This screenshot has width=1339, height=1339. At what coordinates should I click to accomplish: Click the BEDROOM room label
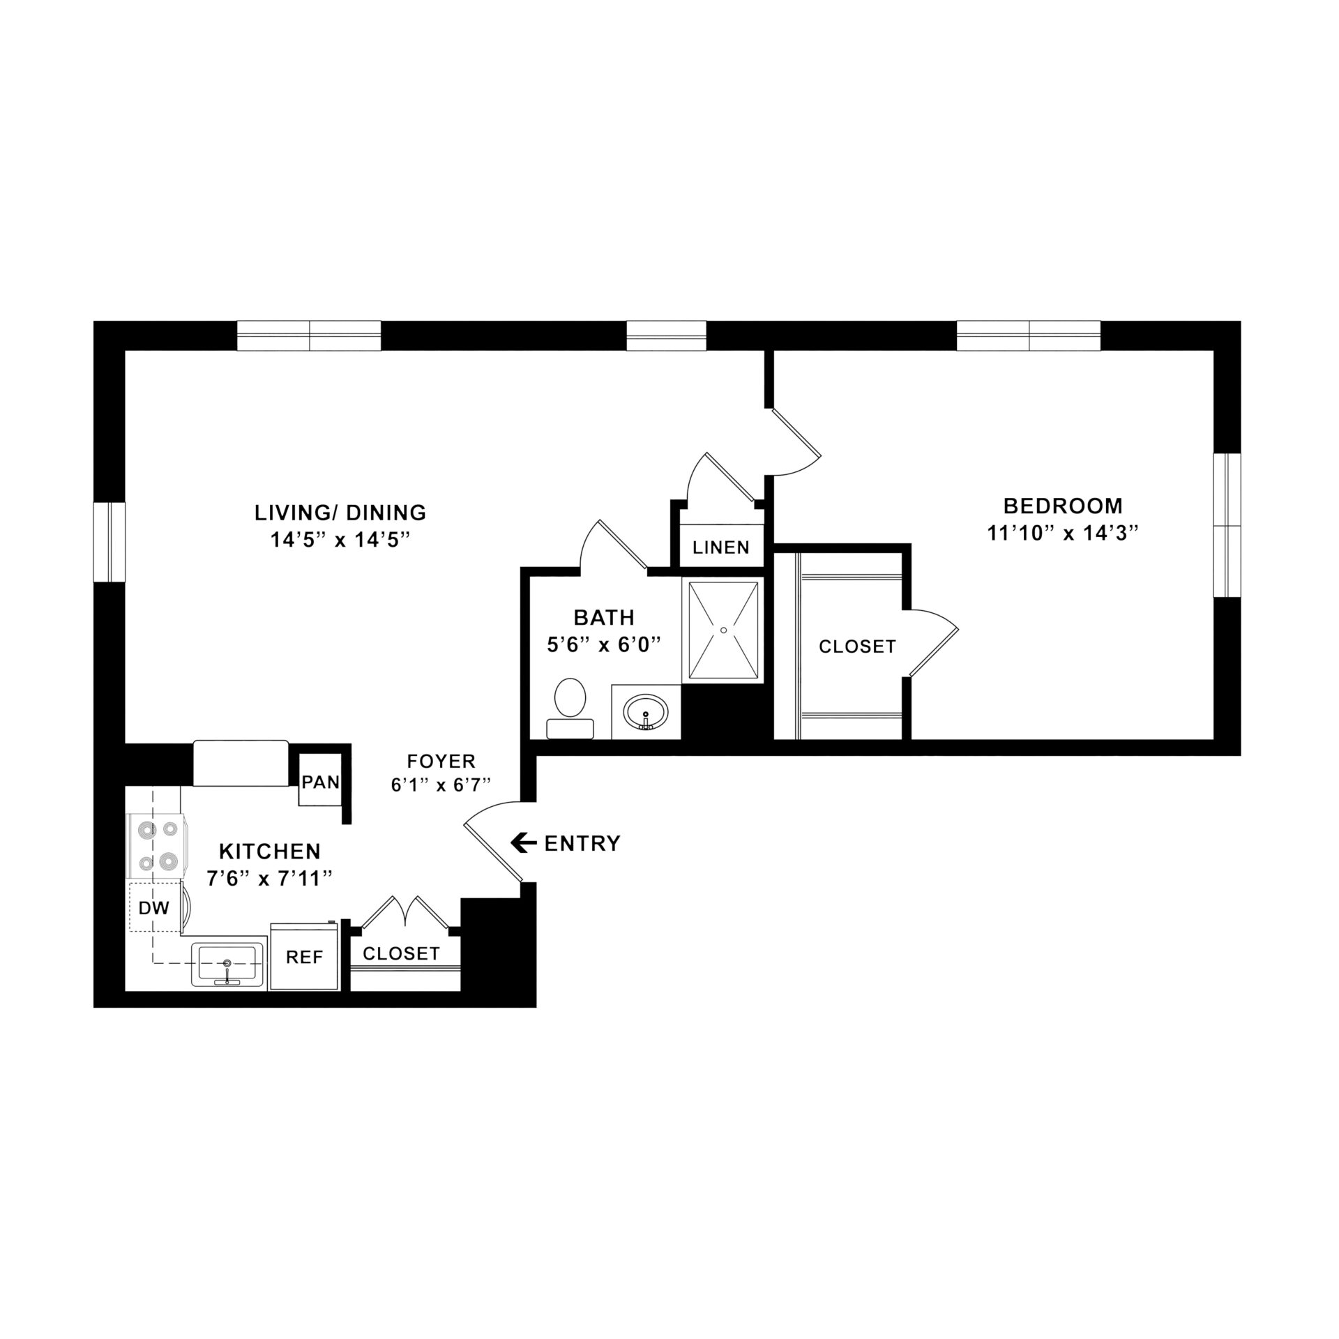click(1063, 505)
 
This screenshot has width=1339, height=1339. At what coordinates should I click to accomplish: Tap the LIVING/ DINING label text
click(340, 513)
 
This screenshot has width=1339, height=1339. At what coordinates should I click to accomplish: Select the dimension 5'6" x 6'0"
click(603, 645)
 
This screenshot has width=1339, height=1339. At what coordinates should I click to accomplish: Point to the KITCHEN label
click(270, 852)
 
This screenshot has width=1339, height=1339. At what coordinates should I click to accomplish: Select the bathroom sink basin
click(646, 713)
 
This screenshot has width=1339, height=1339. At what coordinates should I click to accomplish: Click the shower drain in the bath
click(724, 630)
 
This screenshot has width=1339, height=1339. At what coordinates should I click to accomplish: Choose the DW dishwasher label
click(154, 907)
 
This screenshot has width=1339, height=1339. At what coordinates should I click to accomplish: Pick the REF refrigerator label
click(305, 958)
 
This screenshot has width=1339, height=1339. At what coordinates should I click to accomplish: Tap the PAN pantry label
click(321, 782)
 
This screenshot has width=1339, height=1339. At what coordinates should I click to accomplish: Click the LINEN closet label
click(721, 547)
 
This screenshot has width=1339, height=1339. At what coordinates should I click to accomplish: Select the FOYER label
click(441, 761)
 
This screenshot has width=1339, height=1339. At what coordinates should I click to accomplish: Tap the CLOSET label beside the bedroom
click(857, 646)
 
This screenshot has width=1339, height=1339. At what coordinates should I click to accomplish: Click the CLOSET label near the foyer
click(401, 953)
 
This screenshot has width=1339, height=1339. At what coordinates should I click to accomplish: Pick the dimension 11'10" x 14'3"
click(1063, 534)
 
